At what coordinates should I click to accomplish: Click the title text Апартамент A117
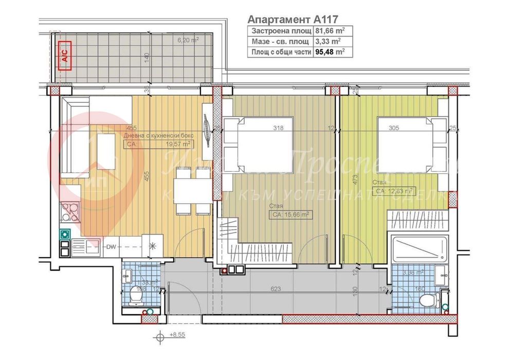293,20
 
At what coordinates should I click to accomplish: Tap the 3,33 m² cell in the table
326,42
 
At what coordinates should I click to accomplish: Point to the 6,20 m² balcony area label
188,39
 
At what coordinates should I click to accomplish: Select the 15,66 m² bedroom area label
291,215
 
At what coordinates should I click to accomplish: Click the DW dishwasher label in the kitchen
111,247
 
